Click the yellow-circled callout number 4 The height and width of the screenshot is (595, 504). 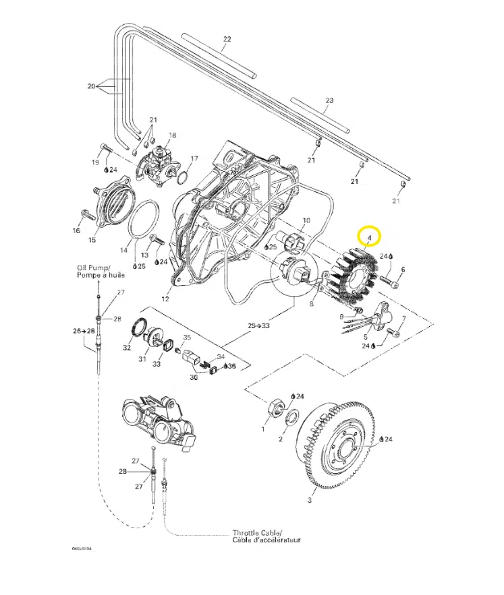coord(368,237)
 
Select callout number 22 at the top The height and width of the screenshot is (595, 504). coord(227,39)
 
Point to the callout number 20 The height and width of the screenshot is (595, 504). coord(91,86)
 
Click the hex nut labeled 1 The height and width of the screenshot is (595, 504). coord(275,408)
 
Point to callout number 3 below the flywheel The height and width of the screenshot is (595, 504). coord(310,500)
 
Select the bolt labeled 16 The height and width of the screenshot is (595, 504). coord(86,216)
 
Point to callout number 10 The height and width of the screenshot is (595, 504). coord(305,220)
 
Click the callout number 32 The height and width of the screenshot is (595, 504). coord(127,348)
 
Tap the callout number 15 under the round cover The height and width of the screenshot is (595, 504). coord(92,239)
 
